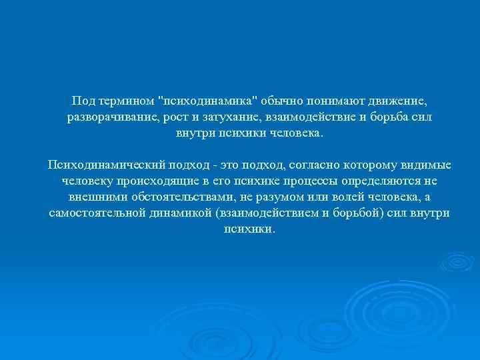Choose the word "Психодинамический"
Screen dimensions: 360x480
coord(102,164)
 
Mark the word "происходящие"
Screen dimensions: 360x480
coord(160,180)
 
